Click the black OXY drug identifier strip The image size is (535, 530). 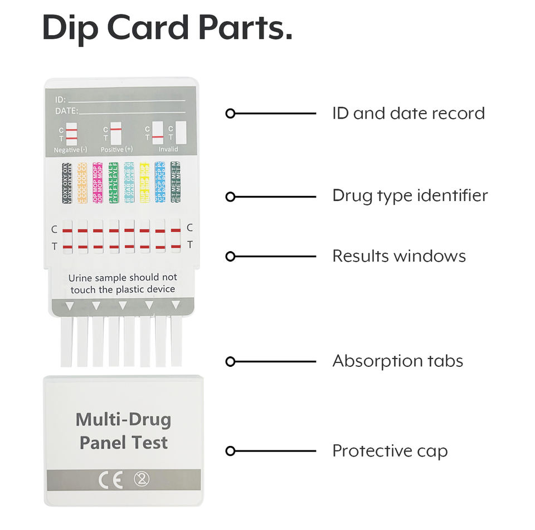click(67, 183)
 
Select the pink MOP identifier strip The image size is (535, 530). click(98, 183)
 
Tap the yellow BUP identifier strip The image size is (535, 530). click(144, 183)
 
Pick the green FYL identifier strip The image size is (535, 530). click(113, 183)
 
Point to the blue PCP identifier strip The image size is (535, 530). click(160, 183)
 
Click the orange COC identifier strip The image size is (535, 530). click(82, 183)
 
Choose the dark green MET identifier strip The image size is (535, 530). click(176, 183)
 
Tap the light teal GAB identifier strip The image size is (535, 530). click(129, 183)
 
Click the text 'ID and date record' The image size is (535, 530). click(408, 114)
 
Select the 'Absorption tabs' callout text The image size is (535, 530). click(397, 361)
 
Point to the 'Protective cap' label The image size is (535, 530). click(390, 451)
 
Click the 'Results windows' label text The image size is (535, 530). click(399, 256)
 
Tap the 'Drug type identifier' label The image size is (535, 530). click(410, 196)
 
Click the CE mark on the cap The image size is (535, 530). click(110, 480)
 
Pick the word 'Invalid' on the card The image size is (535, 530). click(168, 150)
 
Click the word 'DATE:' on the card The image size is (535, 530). click(66, 111)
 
